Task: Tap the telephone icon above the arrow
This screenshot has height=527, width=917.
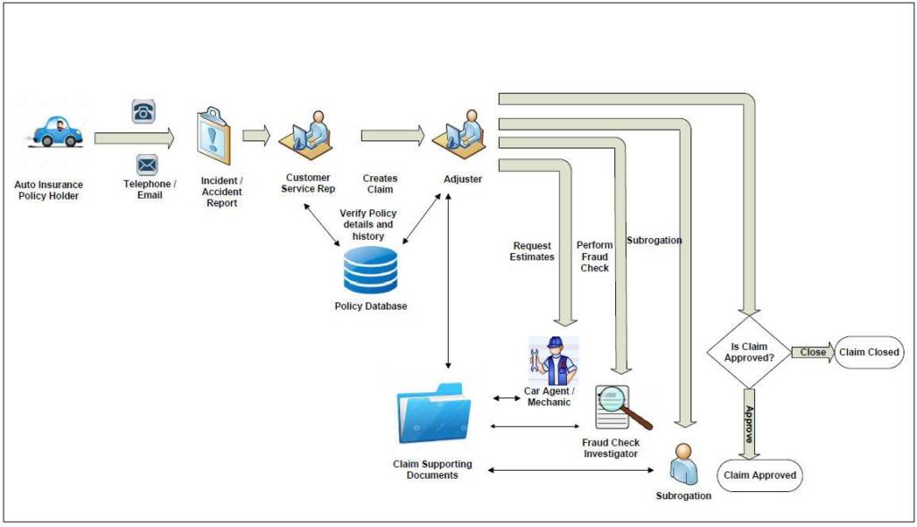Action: [x=143, y=111]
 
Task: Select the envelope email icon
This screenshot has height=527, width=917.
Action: [x=147, y=165]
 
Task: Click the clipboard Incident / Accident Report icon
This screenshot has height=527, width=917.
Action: [x=214, y=135]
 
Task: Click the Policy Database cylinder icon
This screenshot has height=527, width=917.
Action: [x=370, y=270]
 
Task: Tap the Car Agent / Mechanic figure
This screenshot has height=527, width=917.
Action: [x=553, y=361]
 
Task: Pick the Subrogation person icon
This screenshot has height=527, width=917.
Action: [x=684, y=463]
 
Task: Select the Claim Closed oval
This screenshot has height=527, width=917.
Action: [x=869, y=353]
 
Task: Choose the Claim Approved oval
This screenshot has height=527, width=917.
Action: [x=759, y=475]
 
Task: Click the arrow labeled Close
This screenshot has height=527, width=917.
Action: [x=812, y=352]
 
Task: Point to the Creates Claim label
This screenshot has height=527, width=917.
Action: [x=380, y=184]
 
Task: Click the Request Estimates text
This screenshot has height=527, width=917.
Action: [x=532, y=251]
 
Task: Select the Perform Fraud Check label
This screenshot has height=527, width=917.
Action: [x=595, y=257]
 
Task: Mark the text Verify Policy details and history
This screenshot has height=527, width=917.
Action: [x=367, y=225]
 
